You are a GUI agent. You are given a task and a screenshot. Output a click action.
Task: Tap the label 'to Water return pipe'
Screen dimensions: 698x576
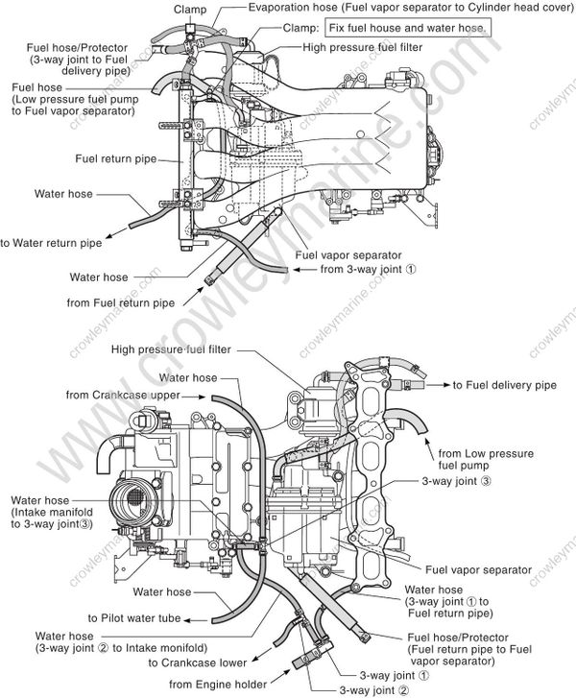click(51, 243)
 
